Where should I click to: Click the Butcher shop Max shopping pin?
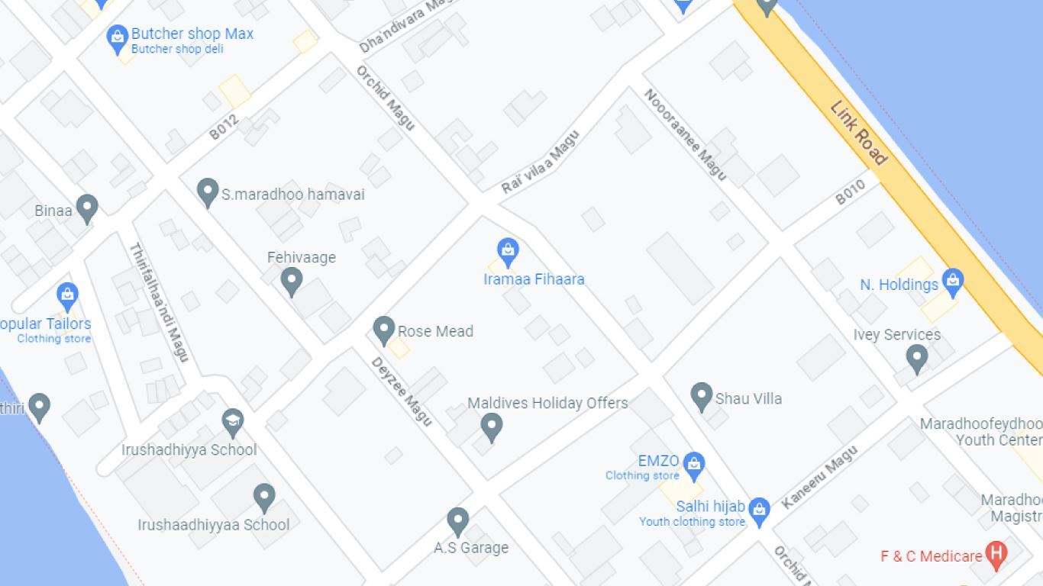(x=117, y=37)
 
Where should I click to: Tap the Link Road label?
(x=859, y=134)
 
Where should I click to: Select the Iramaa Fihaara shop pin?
(x=508, y=251)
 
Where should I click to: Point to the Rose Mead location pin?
(x=383, y=330)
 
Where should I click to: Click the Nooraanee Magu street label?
(x=685, y=134)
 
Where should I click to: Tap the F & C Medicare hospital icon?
(x=996, y=555)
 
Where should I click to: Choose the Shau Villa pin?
(x=701, y=396)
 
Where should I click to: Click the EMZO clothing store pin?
(x=693, y=463)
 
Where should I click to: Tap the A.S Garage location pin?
(x=457, y=521)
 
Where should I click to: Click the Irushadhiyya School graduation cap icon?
(x=233, y=422)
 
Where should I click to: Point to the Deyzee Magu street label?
(x=402, y=391)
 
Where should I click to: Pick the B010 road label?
(x=850, y=192)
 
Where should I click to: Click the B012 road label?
(x=224, y=127)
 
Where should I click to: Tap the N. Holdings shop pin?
(x=952, y=282)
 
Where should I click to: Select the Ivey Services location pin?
(x=916, y=357)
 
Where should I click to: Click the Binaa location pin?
(x=87, y=208)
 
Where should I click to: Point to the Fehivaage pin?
(x=291, y=280)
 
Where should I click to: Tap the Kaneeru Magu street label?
(x=819, y=477)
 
